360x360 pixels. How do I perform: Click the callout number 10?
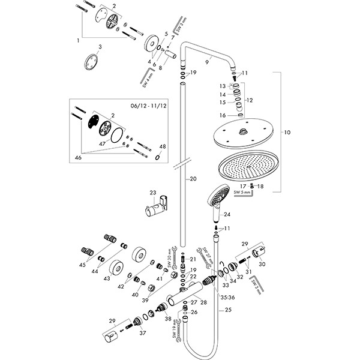(287, 131)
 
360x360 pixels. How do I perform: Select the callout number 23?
(152, 193)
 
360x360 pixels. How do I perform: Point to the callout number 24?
(227, 214)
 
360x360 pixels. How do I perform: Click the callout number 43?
(107, 278)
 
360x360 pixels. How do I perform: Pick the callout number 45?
(82, 265)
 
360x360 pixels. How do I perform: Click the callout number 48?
(162, 146)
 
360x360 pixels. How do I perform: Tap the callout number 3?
(101, 46)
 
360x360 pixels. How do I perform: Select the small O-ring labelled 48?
(157, 157)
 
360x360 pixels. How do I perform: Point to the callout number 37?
(142, 334)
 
